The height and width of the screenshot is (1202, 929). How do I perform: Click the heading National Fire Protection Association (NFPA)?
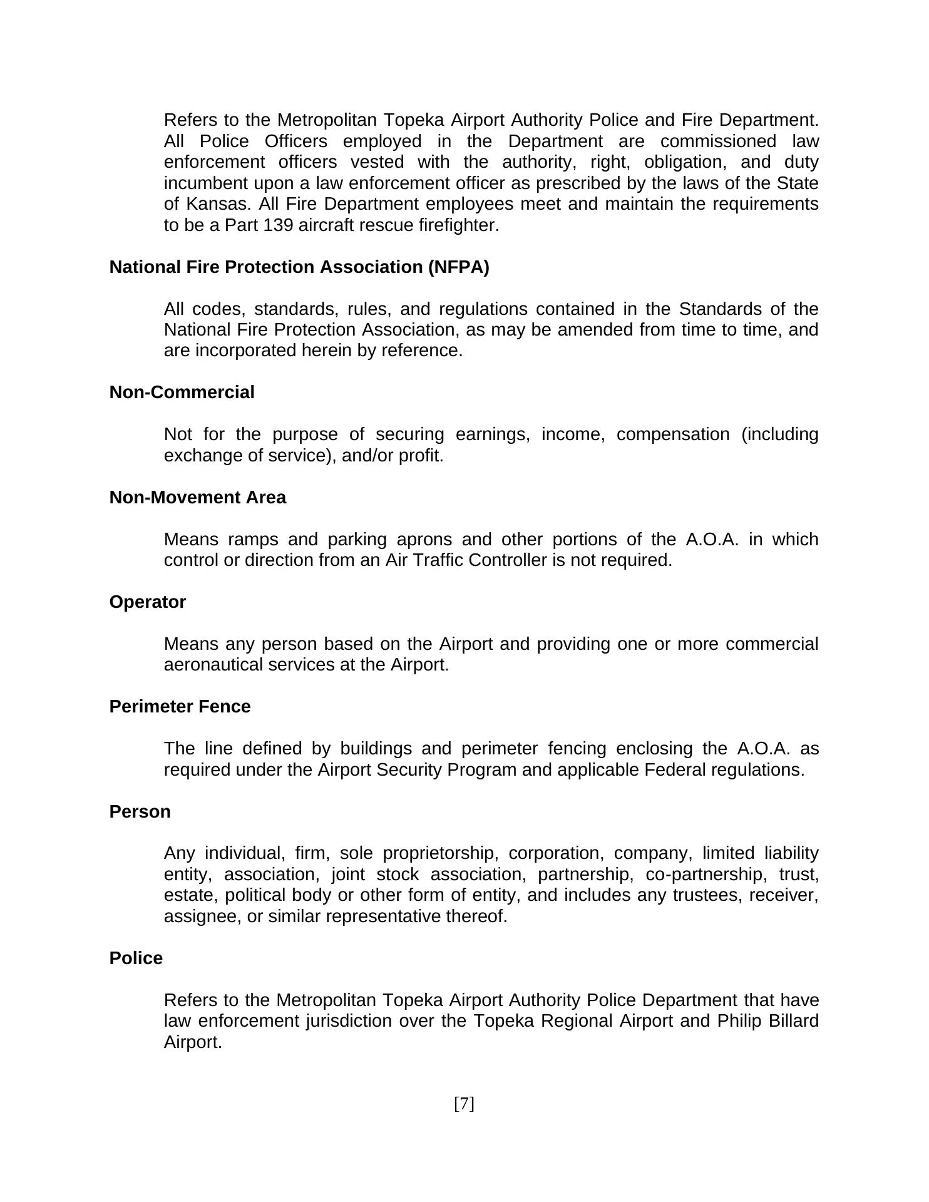click(x=299, y=267)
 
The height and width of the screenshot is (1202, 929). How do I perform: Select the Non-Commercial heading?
click(x=182, y=393)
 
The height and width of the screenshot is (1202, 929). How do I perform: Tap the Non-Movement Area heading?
click(x=197, y=498)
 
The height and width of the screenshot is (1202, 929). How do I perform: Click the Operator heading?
click(x=147, y=602)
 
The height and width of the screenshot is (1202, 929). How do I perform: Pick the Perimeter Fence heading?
click(x=180, y=707)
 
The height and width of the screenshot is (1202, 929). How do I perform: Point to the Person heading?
click(x=140, y=812)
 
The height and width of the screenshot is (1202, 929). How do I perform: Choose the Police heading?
click(x=136, y=958)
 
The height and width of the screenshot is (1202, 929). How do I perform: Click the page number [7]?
click(x=464, y=1104)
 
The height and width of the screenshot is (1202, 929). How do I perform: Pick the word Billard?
click(x=793, y=1021)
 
